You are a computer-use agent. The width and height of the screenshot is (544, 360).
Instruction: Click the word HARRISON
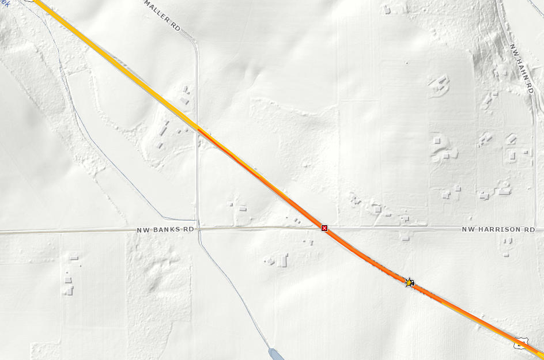[x=498, y=229]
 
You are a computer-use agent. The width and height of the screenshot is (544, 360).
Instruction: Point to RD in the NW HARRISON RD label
[x=529, y=229]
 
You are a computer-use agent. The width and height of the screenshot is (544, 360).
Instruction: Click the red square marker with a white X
[x=324, y=229]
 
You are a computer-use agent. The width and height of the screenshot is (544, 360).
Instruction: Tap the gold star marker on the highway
[x=409, y=282]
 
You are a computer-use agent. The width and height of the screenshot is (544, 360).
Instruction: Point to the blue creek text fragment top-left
[x=5, y=2]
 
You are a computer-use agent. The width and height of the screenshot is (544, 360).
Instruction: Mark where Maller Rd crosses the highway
[x=197, y=128]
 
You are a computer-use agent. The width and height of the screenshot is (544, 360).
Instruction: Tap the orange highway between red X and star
[x=366, y=256]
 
